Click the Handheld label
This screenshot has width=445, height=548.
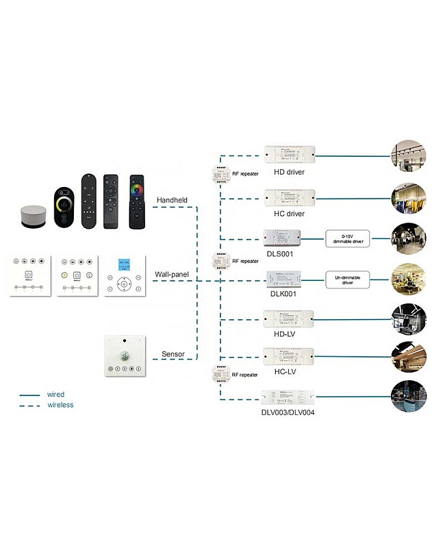point(172,200)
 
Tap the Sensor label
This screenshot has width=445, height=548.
point(173,354)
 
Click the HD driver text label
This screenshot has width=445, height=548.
point(288,172)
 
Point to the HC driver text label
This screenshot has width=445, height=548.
point(288,214)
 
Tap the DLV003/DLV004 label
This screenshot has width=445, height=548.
point(288,412)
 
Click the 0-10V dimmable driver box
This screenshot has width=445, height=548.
point(347,239)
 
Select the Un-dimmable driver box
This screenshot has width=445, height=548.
point(347,278)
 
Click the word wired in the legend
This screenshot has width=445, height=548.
point(56,395)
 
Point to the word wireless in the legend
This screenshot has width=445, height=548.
point(60,405)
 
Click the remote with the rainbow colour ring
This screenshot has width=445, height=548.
point(138,201)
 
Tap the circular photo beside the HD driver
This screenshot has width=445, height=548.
point(409,157)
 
